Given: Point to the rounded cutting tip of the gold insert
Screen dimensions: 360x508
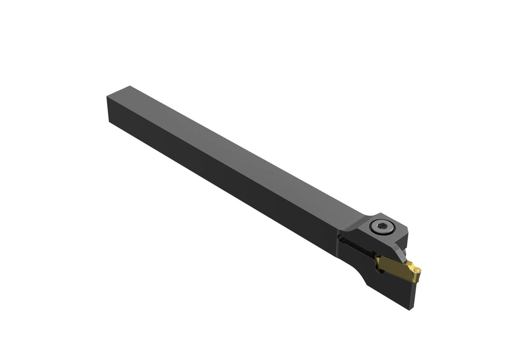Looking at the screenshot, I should point(418,271).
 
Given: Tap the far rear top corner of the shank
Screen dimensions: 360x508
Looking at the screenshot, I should point(129,86).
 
